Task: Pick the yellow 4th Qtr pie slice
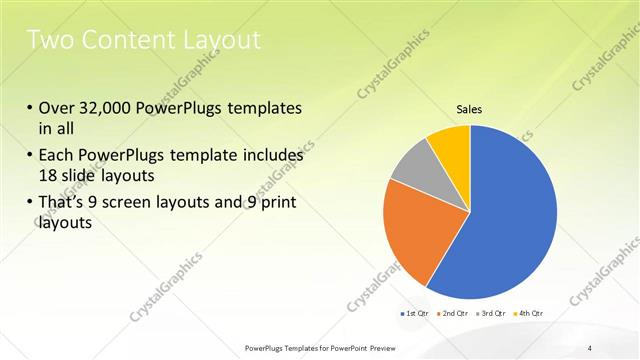click(450, 145)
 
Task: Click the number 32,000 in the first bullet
click(110, 108)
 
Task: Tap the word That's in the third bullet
click(65, 204)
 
